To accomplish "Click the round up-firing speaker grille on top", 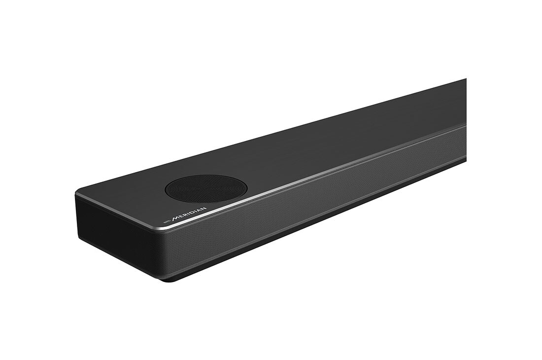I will pos(206,188).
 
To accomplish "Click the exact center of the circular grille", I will pos(206,188).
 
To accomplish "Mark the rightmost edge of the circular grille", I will pos(247,187).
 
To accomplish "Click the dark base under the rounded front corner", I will pos(168,277).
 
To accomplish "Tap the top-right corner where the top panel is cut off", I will pos(465,80).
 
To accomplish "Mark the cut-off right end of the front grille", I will pos(464,143).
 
